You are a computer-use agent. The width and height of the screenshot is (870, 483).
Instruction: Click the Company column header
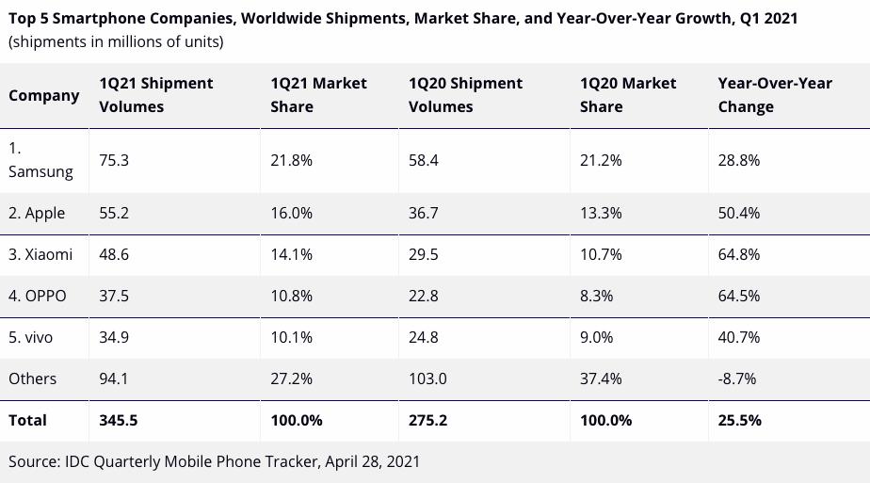click(x=43, y=95)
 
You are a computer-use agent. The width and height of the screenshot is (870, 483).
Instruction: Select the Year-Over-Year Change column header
click(x=775, y=95)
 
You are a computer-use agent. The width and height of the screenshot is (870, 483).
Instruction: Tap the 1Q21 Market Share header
click(x=318, y=95)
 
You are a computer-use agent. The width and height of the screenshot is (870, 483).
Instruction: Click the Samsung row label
click(x=40, y=160)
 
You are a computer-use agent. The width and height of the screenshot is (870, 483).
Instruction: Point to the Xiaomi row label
click(x=40, y=254)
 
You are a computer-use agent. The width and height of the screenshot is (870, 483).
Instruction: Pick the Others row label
click(x=32, y=378)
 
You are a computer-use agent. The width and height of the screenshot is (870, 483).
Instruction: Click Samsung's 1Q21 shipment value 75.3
click(x=114, y=160)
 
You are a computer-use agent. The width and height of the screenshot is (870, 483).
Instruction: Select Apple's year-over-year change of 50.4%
click(x=738, y=213)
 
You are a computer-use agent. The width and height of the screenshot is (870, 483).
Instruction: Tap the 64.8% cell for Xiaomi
click(x=738, y=254)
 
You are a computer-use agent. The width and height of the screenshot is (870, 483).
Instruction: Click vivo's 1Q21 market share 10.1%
click(x=291, y=337)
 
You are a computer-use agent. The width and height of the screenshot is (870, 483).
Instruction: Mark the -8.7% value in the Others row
click(x=736, y=378)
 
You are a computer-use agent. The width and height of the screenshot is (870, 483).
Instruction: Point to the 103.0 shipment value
click(x=427, y=378)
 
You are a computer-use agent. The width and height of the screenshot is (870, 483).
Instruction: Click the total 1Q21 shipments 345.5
click(x=118, y=420)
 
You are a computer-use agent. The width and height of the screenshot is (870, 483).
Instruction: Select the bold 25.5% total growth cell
click(x=739, y=420)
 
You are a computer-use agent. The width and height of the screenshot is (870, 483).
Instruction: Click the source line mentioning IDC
click(x=214, y=461)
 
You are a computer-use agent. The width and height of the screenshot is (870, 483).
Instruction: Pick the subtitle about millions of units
click(x=116, y=41)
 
